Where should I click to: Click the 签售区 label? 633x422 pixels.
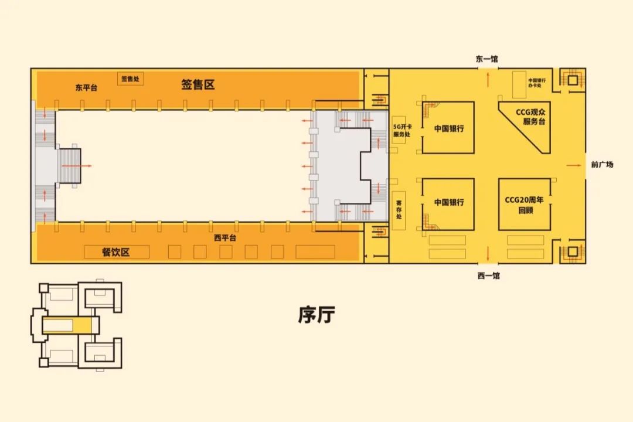198,85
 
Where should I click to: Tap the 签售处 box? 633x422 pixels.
131,79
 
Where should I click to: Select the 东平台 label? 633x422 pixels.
86,88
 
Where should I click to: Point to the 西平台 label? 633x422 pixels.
224,238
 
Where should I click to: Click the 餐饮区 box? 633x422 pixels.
117,252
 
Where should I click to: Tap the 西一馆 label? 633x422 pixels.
488,275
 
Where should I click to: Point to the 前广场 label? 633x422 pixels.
602,165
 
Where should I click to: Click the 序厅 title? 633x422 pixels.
316,315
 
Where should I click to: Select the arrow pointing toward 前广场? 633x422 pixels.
573,165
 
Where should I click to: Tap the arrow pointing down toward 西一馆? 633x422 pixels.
488,253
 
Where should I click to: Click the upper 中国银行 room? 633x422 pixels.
448,128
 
